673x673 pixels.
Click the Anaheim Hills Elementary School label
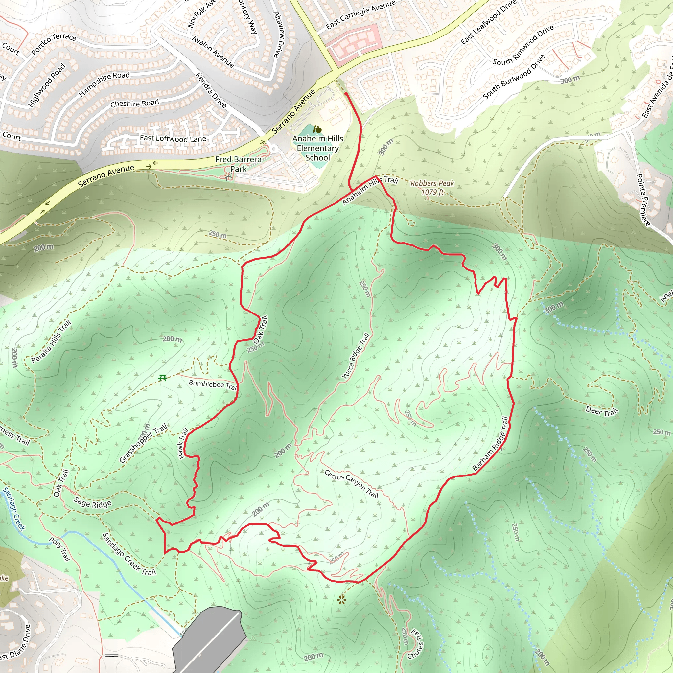pos(317,148)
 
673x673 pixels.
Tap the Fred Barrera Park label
pos(238,164)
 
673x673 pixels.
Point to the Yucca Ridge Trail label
pos(356,356)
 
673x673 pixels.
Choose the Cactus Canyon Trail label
pos(351,483)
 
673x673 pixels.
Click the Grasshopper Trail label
pos(143,443)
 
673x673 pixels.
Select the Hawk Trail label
pos(183,443)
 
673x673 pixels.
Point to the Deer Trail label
pos(601,411)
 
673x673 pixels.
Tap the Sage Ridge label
pos(93,503)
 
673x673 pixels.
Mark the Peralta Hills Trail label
pos(51,341)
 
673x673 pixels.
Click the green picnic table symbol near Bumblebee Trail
pos(162,378)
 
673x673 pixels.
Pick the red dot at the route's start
pos(346,94)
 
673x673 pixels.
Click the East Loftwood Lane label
pos(173,139)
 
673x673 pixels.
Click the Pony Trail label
pos(60,549)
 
